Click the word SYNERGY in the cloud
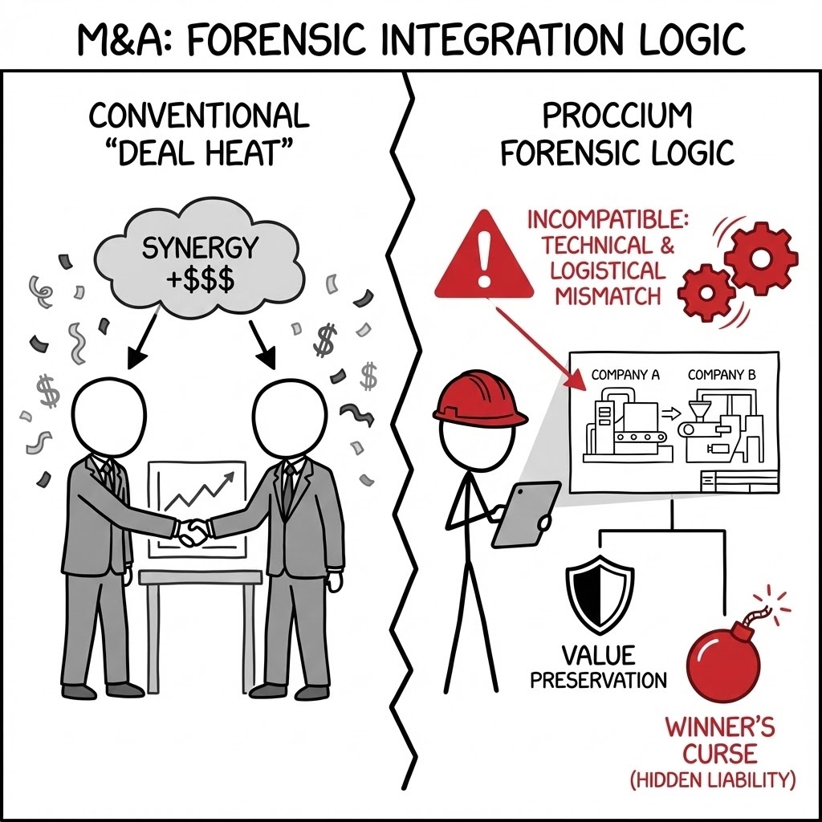(x=190, y=249)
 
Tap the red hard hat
(x=479, y=397)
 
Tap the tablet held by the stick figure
(x=526, y=514)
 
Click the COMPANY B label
(x=722, y=374)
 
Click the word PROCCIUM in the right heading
(x=617, y=116)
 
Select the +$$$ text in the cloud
(x=191, y=280)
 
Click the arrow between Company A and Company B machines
(x=665, y=414)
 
